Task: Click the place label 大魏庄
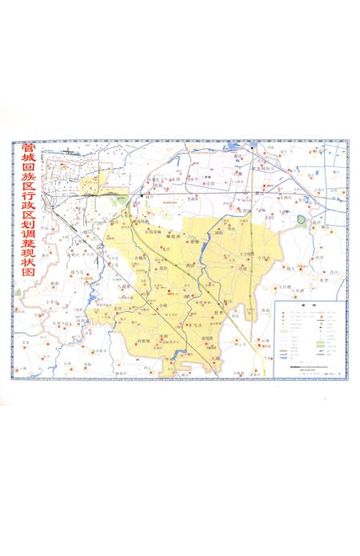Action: click(141, 258)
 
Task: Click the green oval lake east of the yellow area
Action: click(302, 218)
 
